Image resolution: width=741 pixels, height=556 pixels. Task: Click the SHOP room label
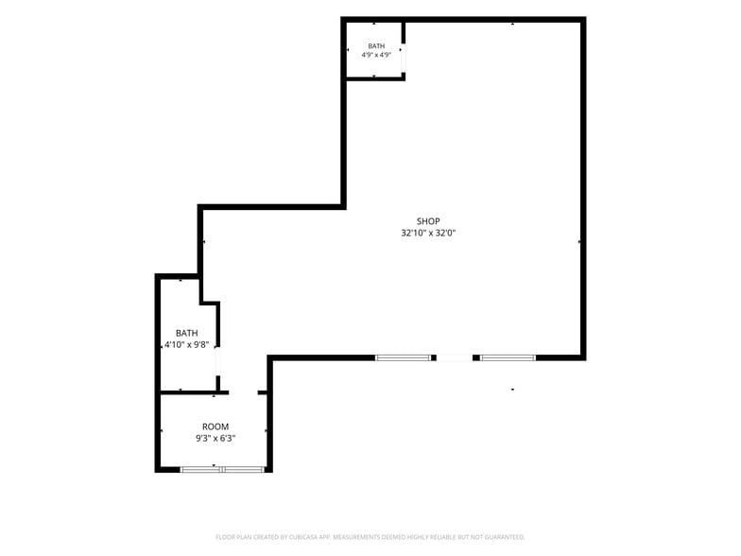pyautogui.click(x=428, y=221)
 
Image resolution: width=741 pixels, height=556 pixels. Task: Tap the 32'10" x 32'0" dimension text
pyautogui.click(x=428, y=233)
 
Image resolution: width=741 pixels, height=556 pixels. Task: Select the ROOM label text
pyautogui.click(x=215, y=426)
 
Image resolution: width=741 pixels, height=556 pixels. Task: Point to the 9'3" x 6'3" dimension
pyautogui.click(x=215, y=439)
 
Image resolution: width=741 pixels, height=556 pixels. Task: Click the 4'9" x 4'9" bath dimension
pyautogui.click(x=376, y=55)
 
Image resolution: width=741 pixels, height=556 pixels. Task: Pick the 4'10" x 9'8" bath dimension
pyautogui.click(x=187, y=344)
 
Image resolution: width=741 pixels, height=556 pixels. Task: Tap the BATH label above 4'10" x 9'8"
pyautogui.click(x=187, y=333)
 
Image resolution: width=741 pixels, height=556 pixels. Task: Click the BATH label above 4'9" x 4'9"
pyautogui.click(x=376, y=45)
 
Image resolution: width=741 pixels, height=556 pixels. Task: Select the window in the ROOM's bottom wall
pyautogui.click(x=222, y=469)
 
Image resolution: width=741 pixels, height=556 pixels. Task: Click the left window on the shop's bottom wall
pyautogui.click(x=403, y=357)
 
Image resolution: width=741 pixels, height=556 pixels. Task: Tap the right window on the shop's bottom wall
pyautogui.click(x=508, y=357)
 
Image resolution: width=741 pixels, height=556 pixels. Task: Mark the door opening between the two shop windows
pyautogui.click(x=454, y=357)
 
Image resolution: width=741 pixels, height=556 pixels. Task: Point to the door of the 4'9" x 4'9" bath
pyautogui.click(x=403, y=59)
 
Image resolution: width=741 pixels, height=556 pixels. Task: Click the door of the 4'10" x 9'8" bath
pyautogui.click(x=217, y=361)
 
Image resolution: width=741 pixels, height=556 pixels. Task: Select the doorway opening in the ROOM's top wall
pyautogui.click(x=244, y=392)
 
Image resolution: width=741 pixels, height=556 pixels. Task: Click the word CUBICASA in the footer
pyautogui.click(x=310, y=537)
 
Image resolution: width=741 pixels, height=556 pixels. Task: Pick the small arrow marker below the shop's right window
pyautogui.click(x=512, y=390)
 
